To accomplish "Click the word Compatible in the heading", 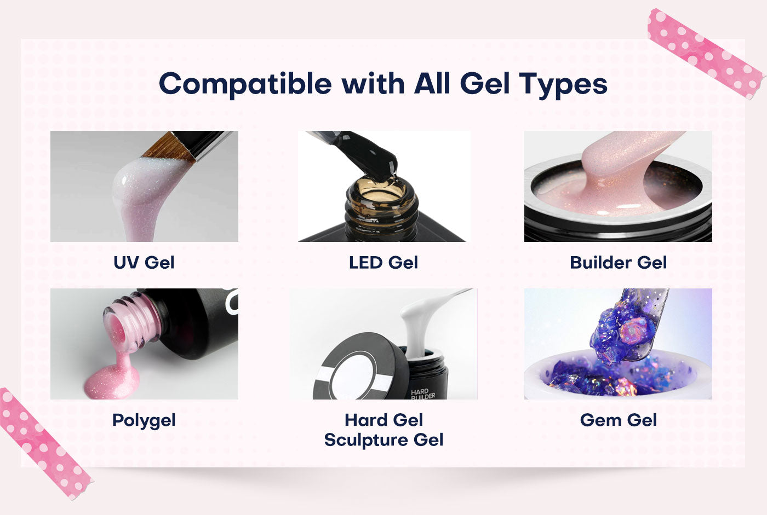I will click(x=245, y=84).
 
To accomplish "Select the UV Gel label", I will click(x=144, y=263).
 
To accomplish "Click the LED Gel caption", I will click(x=383, y=263).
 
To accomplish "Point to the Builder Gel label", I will click(x=618, y=263).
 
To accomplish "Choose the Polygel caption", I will click(x=144, y=420).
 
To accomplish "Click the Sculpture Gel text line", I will click(x=383, y=440).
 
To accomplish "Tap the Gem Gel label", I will click(x=618, y=420).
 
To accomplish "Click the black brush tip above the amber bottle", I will click(x=373, y=151).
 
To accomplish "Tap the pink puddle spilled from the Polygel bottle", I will click(x=112, y=380).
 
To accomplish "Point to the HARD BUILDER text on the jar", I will click(x=422, y=394).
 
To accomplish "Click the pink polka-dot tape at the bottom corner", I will click(x=44, y=443).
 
